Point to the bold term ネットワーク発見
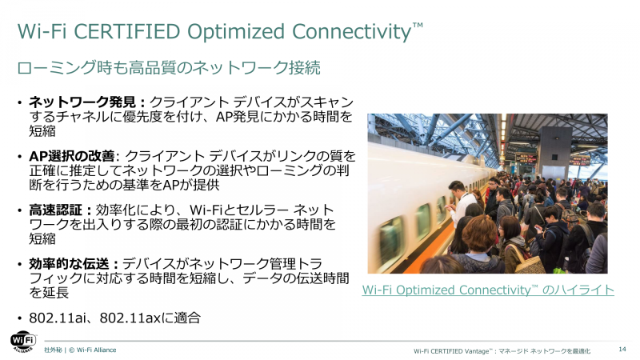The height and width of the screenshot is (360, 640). pyautogui.click(x=86, y=102)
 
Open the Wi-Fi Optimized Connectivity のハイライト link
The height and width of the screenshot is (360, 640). pyautogui.click(x=488, y=290)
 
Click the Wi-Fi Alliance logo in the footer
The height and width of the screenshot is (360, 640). pyautogui.click(x=23, y=342)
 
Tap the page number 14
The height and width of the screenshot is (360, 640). pyautogui.click(x=622, y=350)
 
